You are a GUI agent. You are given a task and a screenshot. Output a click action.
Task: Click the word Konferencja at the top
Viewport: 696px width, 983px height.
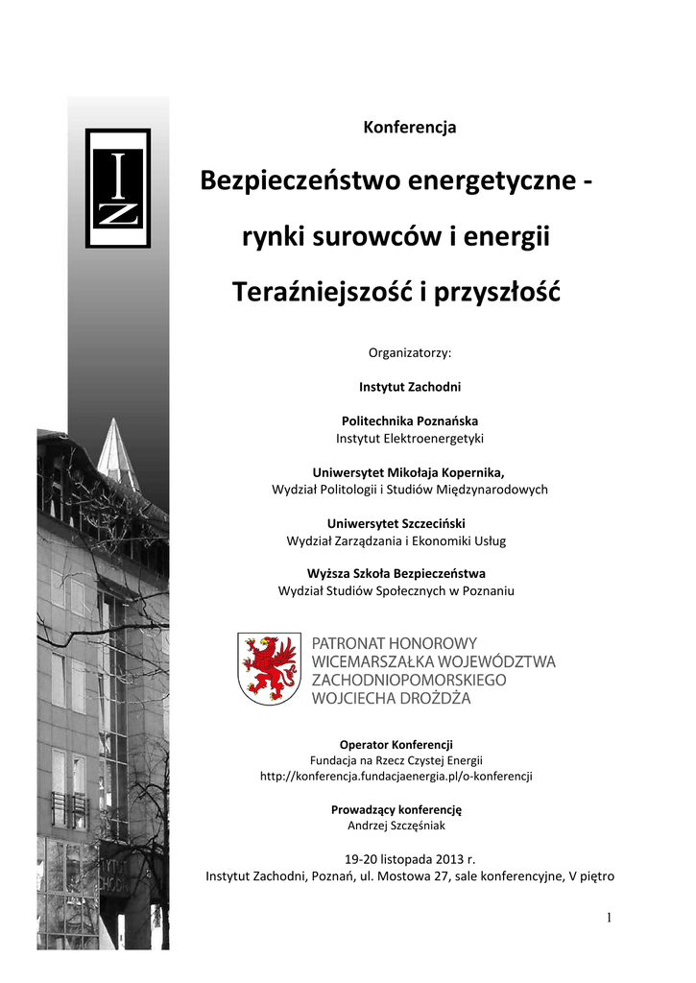410,128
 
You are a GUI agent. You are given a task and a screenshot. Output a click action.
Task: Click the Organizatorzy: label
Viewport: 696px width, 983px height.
410,352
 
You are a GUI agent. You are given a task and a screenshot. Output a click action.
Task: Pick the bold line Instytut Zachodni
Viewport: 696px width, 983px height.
410,387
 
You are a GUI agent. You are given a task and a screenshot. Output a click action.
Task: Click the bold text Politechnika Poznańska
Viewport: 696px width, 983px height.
410,420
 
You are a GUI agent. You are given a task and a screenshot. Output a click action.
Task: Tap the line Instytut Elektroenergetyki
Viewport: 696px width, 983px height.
410,438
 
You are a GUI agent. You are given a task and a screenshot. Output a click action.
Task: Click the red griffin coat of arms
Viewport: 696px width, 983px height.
270,668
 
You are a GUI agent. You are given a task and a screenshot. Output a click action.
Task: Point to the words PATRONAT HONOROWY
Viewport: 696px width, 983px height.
395,642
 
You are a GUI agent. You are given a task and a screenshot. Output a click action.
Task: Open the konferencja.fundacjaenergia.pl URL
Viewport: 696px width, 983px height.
396,776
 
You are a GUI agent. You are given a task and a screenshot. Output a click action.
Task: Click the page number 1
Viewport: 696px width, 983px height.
609,918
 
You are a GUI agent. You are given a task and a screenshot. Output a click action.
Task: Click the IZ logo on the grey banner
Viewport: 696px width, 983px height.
118,188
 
